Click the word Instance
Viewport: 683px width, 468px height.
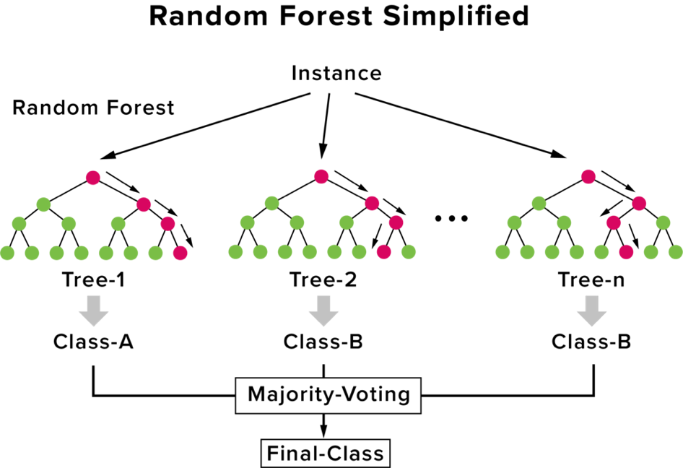point(336,73)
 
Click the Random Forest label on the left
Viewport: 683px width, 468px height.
point(93,108)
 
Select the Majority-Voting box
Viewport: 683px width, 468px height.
point(329,395)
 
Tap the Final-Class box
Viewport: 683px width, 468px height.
point(325,453)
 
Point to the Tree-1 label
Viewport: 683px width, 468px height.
point(94,279)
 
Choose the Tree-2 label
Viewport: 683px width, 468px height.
point(323,279)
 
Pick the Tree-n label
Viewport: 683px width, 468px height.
point(591,279)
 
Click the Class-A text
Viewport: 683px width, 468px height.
point(93,342)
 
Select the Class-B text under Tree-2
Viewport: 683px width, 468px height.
point(323,342)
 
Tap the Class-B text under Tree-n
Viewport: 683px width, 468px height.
point(591,342)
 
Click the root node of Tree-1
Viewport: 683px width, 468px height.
point(93,178)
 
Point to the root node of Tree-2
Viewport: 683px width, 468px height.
point(321,176)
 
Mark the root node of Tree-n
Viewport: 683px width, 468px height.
point(588,176)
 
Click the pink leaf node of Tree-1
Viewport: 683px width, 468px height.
point(180,253)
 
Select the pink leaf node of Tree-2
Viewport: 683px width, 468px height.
point(384,252)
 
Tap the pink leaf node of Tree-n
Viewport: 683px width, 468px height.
point(626,252)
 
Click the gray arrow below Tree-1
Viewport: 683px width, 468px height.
point(94,311)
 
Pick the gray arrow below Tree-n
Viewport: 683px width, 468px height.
point(591,311)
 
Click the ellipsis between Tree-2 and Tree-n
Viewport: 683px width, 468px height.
point(452,218)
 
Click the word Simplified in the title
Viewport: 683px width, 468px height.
point(456,16)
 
